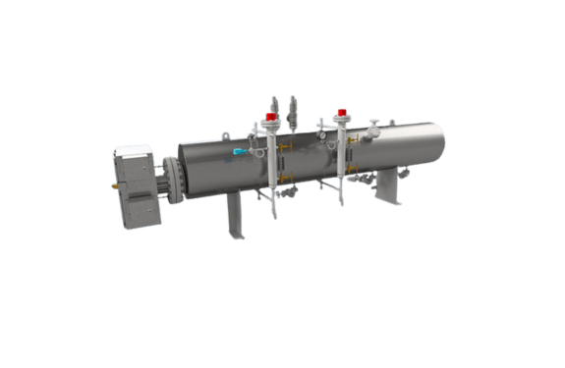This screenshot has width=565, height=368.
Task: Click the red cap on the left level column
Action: (270, 115)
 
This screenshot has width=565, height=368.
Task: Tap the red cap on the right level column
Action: (341, 112)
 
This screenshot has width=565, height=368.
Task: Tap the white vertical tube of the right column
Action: (341, 152)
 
